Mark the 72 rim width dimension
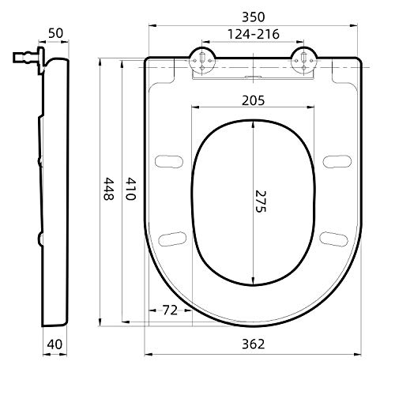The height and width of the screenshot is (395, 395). coord(168,310)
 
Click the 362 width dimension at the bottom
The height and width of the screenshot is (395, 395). coord(253,344)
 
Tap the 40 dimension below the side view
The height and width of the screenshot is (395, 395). coord(54,344)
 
